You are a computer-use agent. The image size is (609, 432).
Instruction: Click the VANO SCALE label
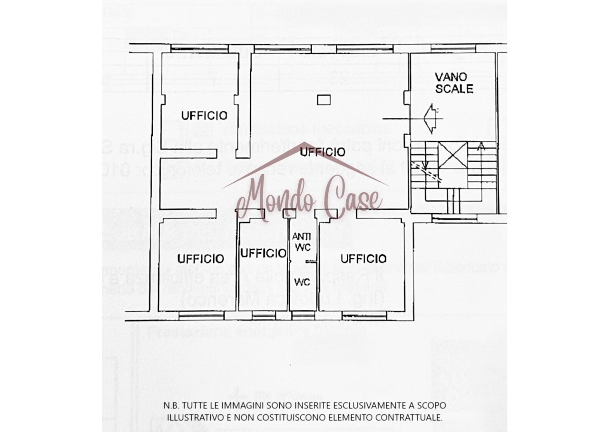tap(454, 82)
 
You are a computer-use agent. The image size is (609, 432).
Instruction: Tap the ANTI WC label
tap(302, 242)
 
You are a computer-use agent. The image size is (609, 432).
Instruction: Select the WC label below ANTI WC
tap(302, 282)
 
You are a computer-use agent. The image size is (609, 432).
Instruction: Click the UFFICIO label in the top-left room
tap(204, 115)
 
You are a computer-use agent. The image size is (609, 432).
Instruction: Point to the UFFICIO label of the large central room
tap(323, 152)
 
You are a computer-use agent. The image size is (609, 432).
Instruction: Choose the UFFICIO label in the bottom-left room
tap(200, 259)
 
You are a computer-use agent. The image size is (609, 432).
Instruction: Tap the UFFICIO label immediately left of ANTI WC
tap(263, 254)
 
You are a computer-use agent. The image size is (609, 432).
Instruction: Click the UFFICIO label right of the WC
tap(363, 259)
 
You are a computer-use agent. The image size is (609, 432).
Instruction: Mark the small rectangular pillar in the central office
tap(324, 100)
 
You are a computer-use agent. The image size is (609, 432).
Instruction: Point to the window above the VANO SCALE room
tap(453, 48)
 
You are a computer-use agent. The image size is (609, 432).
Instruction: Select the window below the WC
tap(303, 314)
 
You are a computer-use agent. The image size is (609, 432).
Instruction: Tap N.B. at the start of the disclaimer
tap(171, 406)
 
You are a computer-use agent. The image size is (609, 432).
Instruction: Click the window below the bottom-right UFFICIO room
tap(364, 314)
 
